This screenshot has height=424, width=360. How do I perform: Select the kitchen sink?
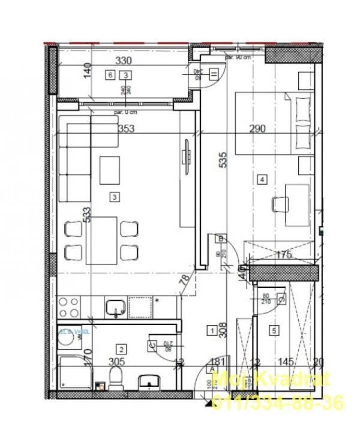[x=115, y=308]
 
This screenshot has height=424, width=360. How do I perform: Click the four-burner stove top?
[x=70, y=308]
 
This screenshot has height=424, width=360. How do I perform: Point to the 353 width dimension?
[x=126, y=128]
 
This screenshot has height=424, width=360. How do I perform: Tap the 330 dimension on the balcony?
[x=124, y=61]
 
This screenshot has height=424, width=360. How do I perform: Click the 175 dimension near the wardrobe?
[x=283, y=255]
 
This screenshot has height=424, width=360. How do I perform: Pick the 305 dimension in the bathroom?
[x=116, y=362]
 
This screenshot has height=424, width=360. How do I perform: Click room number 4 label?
[x=262, y=178]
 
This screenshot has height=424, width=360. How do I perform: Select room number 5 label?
[x=274, y=329]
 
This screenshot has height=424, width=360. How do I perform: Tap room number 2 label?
[x=122, y=350]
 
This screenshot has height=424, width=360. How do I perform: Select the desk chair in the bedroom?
[x=280, y=204]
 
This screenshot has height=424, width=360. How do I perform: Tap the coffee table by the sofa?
[x=110, y=170]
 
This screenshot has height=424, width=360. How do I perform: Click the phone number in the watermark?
[x=278, y=401]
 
